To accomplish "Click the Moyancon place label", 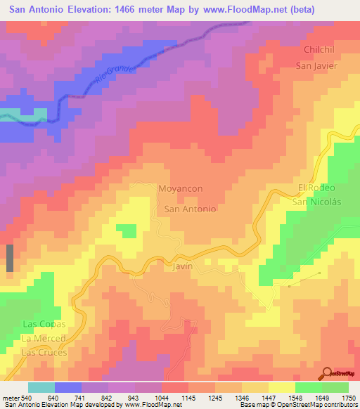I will coord(181,190).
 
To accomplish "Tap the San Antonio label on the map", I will coord(189,209).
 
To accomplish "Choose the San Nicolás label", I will coord(316,202).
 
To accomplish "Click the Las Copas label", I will coord(44,324).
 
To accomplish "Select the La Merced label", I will coord(44,338).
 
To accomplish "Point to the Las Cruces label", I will coord(44,352).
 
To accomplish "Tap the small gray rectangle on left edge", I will coord(10,258).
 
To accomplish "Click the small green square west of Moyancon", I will coord(127,231).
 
